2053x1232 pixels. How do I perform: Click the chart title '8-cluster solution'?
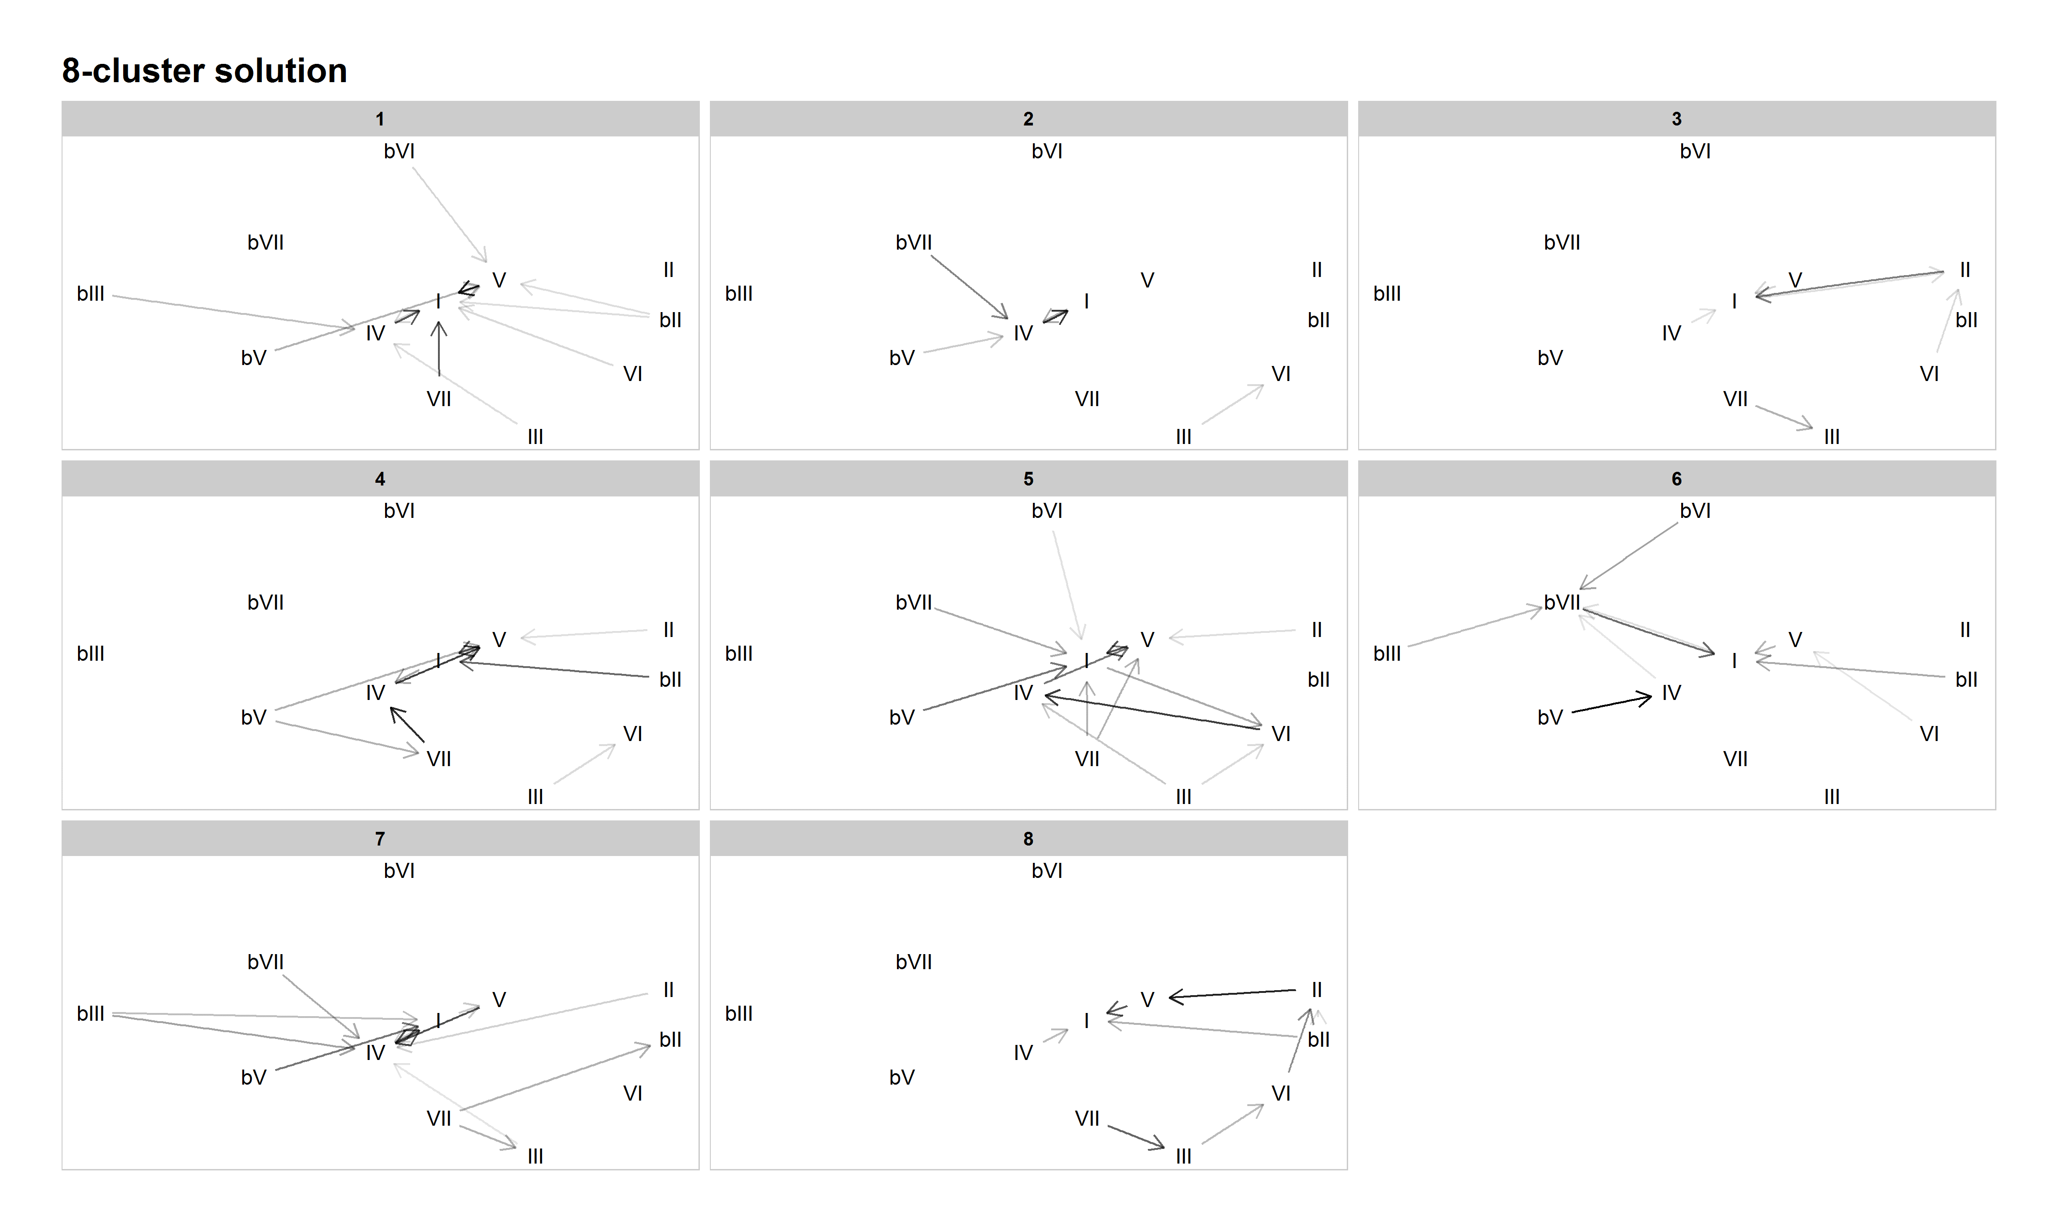[204, 71]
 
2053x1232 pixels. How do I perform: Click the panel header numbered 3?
[1676, 119]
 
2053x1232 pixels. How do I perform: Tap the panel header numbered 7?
[380, 839]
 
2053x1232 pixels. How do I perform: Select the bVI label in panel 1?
[399, 151]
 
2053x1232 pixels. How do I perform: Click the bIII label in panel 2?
[739, 294]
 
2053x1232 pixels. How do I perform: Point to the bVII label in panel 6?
[1562, 603]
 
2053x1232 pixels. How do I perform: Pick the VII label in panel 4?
[439, 759]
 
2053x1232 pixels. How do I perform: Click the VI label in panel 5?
[1281, 734]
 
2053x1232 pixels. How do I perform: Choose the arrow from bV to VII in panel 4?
[347, 738]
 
